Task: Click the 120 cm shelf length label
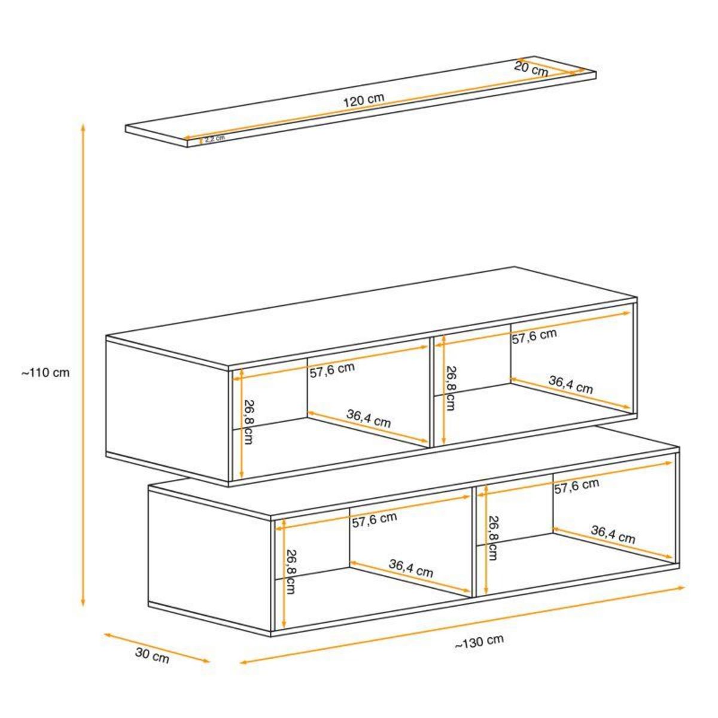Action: click(x=363, y=100)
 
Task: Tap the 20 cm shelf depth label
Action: click(x=531, y=68)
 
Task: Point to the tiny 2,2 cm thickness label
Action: click(x=214, y=138)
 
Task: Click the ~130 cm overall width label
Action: click(x=479, y=641)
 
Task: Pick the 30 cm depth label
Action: click(x=152, y=656)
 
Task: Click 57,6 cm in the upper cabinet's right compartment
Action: click(x=534, y=336)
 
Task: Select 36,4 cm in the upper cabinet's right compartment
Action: click(x=570, y=384)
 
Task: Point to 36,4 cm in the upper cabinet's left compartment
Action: click(x=368, y=418)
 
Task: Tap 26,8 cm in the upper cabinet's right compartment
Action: click(x=450, y=388)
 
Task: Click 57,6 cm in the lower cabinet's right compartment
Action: click(x=576, y=486)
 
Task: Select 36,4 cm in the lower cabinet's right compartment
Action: click(x=613, y=534)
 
